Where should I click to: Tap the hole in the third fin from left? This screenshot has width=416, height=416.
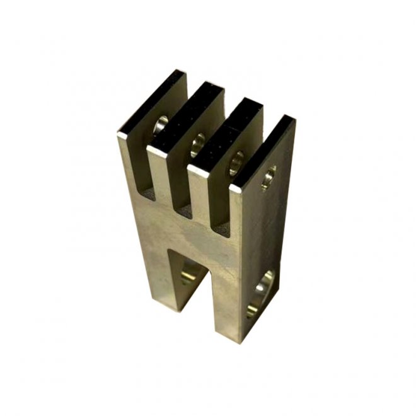click(238, 160)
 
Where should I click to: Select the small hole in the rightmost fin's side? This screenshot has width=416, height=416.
click(269, 177)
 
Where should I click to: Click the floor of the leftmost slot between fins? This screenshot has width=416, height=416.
click(149, 190)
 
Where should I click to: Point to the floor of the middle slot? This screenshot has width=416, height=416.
click(185, 208)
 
